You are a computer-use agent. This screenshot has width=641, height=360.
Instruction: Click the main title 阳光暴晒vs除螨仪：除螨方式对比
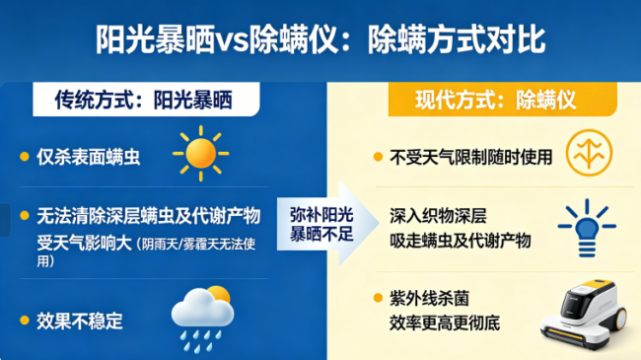tap(320, 39)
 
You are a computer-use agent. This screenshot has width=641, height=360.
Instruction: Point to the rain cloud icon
tap(201, 314)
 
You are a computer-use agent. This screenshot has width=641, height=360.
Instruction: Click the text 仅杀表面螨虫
tap(89, 157)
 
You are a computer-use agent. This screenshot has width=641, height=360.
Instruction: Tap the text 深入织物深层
tap(440, 216)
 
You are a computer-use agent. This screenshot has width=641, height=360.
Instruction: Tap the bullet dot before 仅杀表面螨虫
tap(25, 157)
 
